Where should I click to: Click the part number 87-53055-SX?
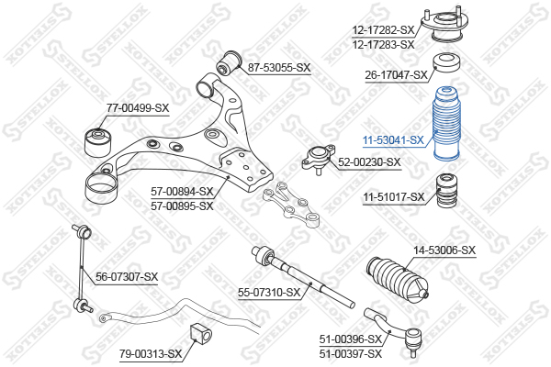pos(279,68)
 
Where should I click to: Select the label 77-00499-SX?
pos(138,108)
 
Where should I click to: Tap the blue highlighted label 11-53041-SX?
pos(393,140)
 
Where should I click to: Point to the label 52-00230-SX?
pos(369,162)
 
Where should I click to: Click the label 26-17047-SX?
pos(397,75)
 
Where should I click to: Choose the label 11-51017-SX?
pos(393,197)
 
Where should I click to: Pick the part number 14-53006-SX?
pos(444,250)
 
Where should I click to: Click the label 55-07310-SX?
pos(269,293)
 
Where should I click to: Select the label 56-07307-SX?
pos(127,276)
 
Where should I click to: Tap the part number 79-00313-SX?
pos(150,353)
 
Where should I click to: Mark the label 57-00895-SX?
pos(182,206)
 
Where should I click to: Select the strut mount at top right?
pos(446,28)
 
